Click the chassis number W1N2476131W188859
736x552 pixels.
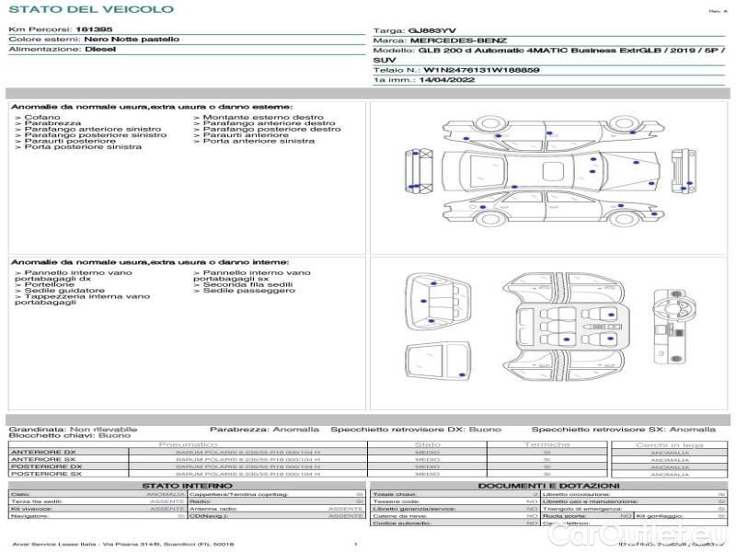point(481,70)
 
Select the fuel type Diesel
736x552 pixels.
point(99,50)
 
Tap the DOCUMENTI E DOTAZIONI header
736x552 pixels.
point(548,485)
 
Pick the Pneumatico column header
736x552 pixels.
point(189,444)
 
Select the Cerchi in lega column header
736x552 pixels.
point(669,444)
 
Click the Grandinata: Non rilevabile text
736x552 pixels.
point(73,429)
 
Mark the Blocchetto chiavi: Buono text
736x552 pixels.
point(69,435)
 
